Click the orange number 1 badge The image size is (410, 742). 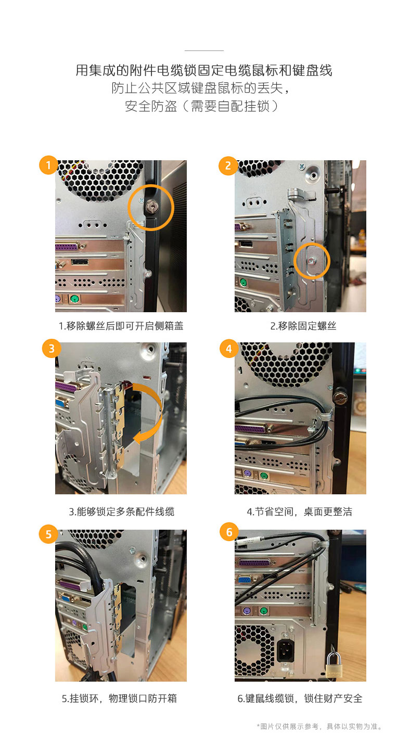click(x=48, y=164)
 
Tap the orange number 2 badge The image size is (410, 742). click(x=228, y=165)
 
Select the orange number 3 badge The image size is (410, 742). click(x=52, y=349)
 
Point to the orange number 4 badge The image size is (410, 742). click(x=229, y=349)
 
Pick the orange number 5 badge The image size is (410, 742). click(x=48, y=534)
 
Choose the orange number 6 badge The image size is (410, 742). click(x=229, y=532)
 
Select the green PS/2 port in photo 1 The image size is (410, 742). click(x=75, y=299)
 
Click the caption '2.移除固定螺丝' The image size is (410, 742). click(x=303, y=326)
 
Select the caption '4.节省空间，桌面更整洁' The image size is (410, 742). click(x=299, y=512)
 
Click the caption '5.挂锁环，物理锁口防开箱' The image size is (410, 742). click(x=119, y=699)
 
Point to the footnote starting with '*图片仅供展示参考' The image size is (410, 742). click(x=319, y=726)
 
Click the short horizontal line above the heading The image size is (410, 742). click(x=204, y=50)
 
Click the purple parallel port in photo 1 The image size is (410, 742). click(x=68, y=247)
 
